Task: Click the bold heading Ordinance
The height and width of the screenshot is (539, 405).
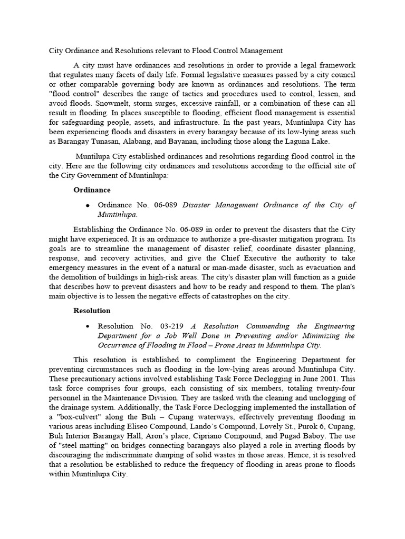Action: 92,189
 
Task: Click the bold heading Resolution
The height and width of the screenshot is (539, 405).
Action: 92,311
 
